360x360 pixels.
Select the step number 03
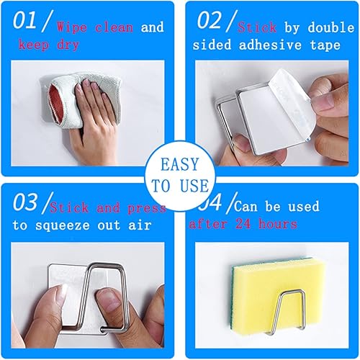click(x=29, y=203)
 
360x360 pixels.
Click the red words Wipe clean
click(x=96, y=28)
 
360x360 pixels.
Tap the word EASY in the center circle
click(x=180, y=164)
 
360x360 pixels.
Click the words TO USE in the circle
click(x=180, y=186)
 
